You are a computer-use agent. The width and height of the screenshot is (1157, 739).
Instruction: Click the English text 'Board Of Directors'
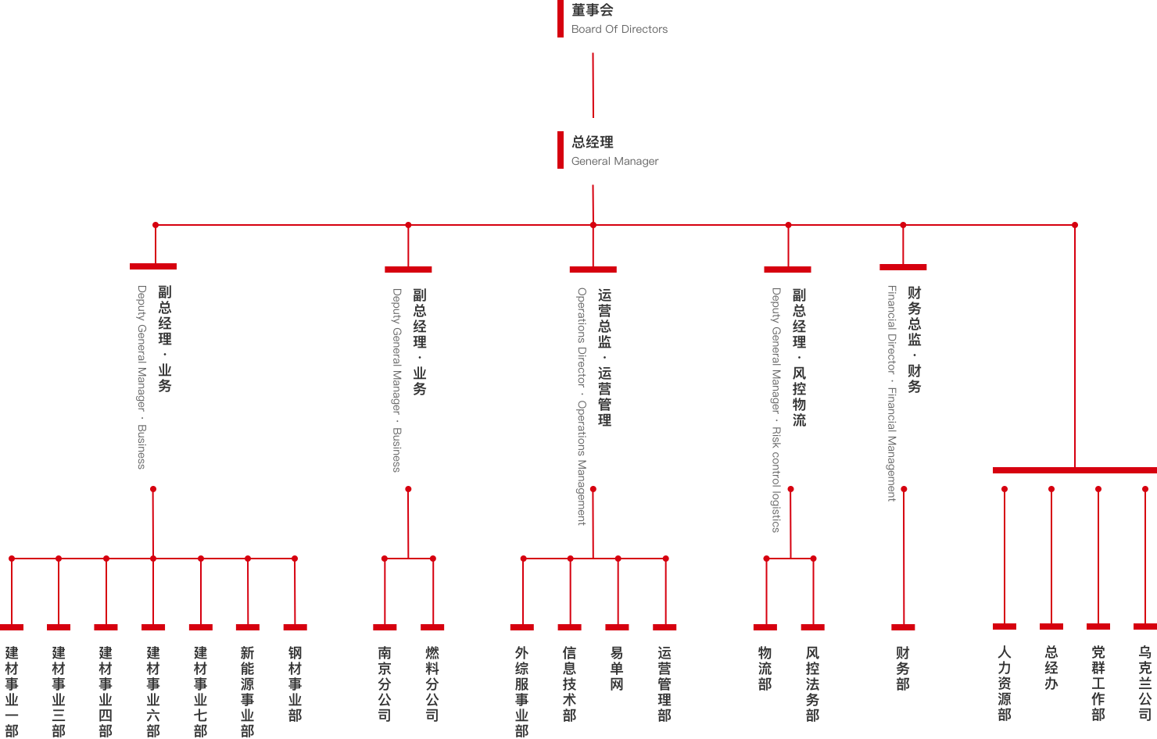pos(619,30)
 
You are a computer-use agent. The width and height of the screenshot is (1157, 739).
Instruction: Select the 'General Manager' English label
pos(614,162)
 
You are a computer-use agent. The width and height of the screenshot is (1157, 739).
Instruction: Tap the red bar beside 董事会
pos(561,19)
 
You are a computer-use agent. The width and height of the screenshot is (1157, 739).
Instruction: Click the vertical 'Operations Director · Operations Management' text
pos(582,406)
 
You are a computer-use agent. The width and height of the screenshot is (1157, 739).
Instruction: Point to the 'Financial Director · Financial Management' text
pos(892,393)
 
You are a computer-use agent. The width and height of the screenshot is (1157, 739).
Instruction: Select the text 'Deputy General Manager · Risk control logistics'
pos(776,410)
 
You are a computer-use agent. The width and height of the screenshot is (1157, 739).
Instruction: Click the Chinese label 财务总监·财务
pos(915,339)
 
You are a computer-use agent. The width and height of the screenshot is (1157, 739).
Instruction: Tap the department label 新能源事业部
pos(248,691)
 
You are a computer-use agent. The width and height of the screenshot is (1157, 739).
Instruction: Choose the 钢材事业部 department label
pos(295,683)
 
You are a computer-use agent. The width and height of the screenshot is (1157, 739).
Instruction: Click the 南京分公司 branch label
pos(385,683)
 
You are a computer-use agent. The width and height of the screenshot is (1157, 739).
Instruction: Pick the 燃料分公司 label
pos(432,683)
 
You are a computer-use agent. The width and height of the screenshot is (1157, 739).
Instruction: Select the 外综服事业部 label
pos(522,691)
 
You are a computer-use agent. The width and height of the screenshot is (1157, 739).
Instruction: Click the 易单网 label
pos(617,668)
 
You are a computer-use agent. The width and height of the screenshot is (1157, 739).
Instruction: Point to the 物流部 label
pos(765,668)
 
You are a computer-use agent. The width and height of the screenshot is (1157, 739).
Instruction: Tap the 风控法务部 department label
pos(813,683)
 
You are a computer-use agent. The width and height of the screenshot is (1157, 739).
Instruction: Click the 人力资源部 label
pos(1005,683)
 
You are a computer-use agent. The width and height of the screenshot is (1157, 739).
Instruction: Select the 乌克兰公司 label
pos(1145,683)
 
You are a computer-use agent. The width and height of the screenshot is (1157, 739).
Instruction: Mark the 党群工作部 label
pos(1098,683)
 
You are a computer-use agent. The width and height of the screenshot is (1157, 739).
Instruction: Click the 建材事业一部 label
pos(12,691)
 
